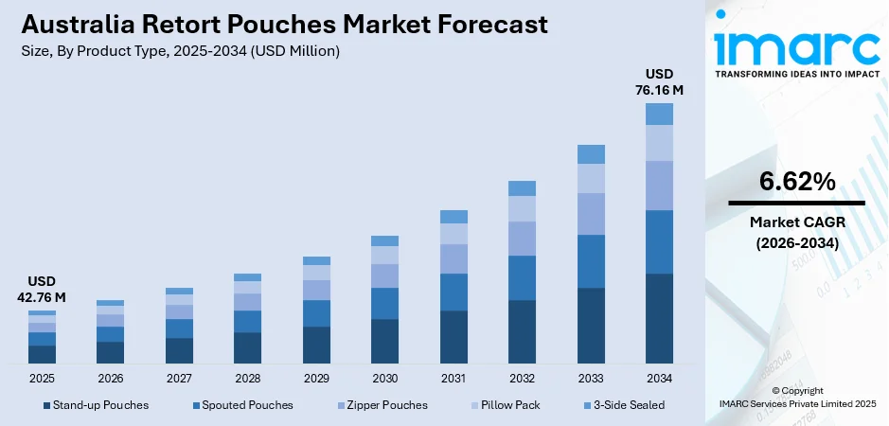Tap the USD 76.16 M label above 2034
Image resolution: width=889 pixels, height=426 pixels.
659,82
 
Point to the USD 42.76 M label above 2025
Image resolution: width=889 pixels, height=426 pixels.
42,290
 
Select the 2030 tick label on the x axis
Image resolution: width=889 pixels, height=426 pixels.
384,379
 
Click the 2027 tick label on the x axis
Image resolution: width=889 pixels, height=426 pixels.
179,379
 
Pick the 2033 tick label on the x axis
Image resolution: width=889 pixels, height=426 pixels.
591,379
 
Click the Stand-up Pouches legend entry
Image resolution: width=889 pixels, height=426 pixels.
95,405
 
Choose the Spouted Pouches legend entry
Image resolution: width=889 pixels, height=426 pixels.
242,405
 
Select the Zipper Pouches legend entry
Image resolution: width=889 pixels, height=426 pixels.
382,405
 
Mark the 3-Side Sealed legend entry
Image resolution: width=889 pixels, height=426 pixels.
624,405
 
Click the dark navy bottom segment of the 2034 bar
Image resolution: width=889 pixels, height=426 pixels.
659,319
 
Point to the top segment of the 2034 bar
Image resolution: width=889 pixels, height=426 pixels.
659,114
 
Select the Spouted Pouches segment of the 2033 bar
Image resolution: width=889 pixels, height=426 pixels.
591,261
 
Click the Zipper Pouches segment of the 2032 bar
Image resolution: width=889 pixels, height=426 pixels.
522,239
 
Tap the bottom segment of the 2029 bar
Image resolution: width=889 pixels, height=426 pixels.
316,346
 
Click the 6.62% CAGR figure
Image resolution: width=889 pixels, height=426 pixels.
796,181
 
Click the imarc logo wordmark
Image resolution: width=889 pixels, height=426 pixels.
795,45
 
